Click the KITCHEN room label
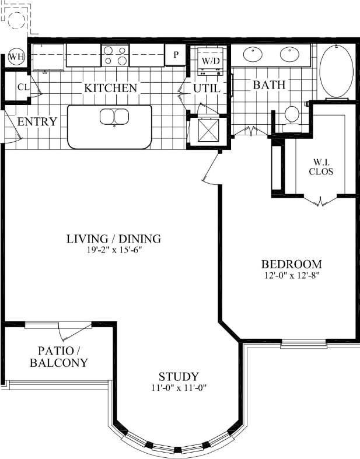coord(111,88)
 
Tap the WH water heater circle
coord(15,57)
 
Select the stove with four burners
coord(115,55)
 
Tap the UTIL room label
coord(207,89)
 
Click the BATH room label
coord(269,85)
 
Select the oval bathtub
coord(335,71)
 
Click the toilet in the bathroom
coord(290,115)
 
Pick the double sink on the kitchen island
coord(114,117)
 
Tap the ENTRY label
coord(37,122)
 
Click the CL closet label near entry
coord(23,87)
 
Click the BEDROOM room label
coord(291,263)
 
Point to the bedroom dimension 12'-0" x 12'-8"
coord(291,274)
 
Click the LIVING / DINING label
coord(113,239)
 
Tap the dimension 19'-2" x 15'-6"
coord(113,250)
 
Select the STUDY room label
coord(179,376)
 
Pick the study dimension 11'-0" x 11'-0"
coord(179,387)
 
